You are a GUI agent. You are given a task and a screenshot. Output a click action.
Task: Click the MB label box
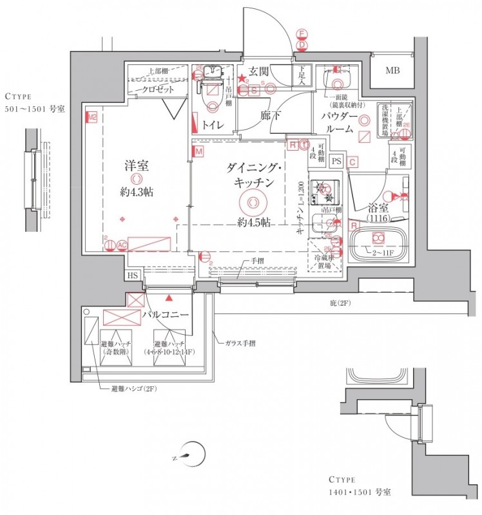click(x=392, y=71)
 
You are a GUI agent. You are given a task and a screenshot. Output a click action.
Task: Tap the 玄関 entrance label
click(x=258, y=71)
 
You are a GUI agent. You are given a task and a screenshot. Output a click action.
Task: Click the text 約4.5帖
click(x=252, y=223)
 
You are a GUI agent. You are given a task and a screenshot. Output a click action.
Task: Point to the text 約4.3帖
click(x=137, y=192)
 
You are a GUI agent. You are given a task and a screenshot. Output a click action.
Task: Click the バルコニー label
click(x=165, y=315)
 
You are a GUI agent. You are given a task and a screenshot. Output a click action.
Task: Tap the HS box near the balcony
click(x=133, y=276)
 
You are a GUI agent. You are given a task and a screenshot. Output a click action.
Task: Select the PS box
click(x=336, y=161)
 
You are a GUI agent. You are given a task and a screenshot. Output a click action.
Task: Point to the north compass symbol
click(x=189, y=456)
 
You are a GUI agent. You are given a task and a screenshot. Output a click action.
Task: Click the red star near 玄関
click(x=242, y=79)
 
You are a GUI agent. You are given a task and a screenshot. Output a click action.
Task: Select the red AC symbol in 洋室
click(x=122, y=245)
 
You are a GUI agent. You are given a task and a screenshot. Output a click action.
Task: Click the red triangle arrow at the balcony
click(x=169, y=298)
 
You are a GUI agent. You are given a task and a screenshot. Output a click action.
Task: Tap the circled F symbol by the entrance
click(x=301, y=33)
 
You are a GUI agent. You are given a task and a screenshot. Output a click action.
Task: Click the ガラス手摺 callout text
click(x=239, y=343)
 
